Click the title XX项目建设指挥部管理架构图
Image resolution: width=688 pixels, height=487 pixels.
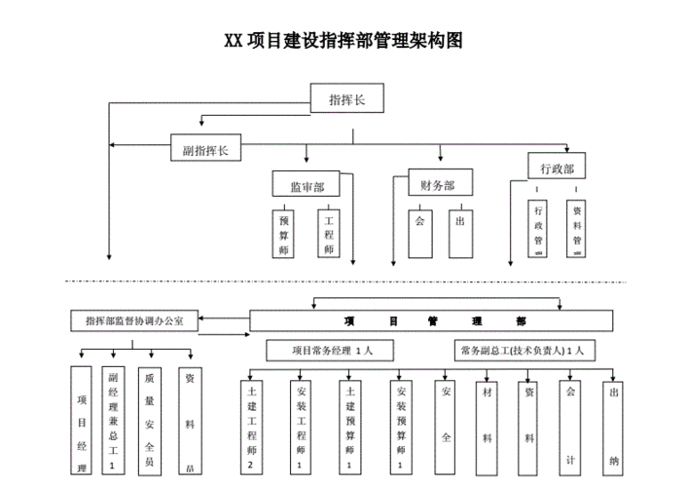coord(343,41)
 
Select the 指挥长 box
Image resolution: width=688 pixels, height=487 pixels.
coord(347,98)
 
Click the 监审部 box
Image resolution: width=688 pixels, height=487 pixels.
coord(307,185)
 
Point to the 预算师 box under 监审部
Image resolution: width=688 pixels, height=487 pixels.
coord(285,234)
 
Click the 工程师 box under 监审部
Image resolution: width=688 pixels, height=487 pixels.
coord(328,234)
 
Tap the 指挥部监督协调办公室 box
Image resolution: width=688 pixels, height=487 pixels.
coord(133,319)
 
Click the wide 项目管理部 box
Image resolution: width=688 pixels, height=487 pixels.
coord(431,320)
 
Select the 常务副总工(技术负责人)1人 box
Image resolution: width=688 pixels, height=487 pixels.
coord(523,349)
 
